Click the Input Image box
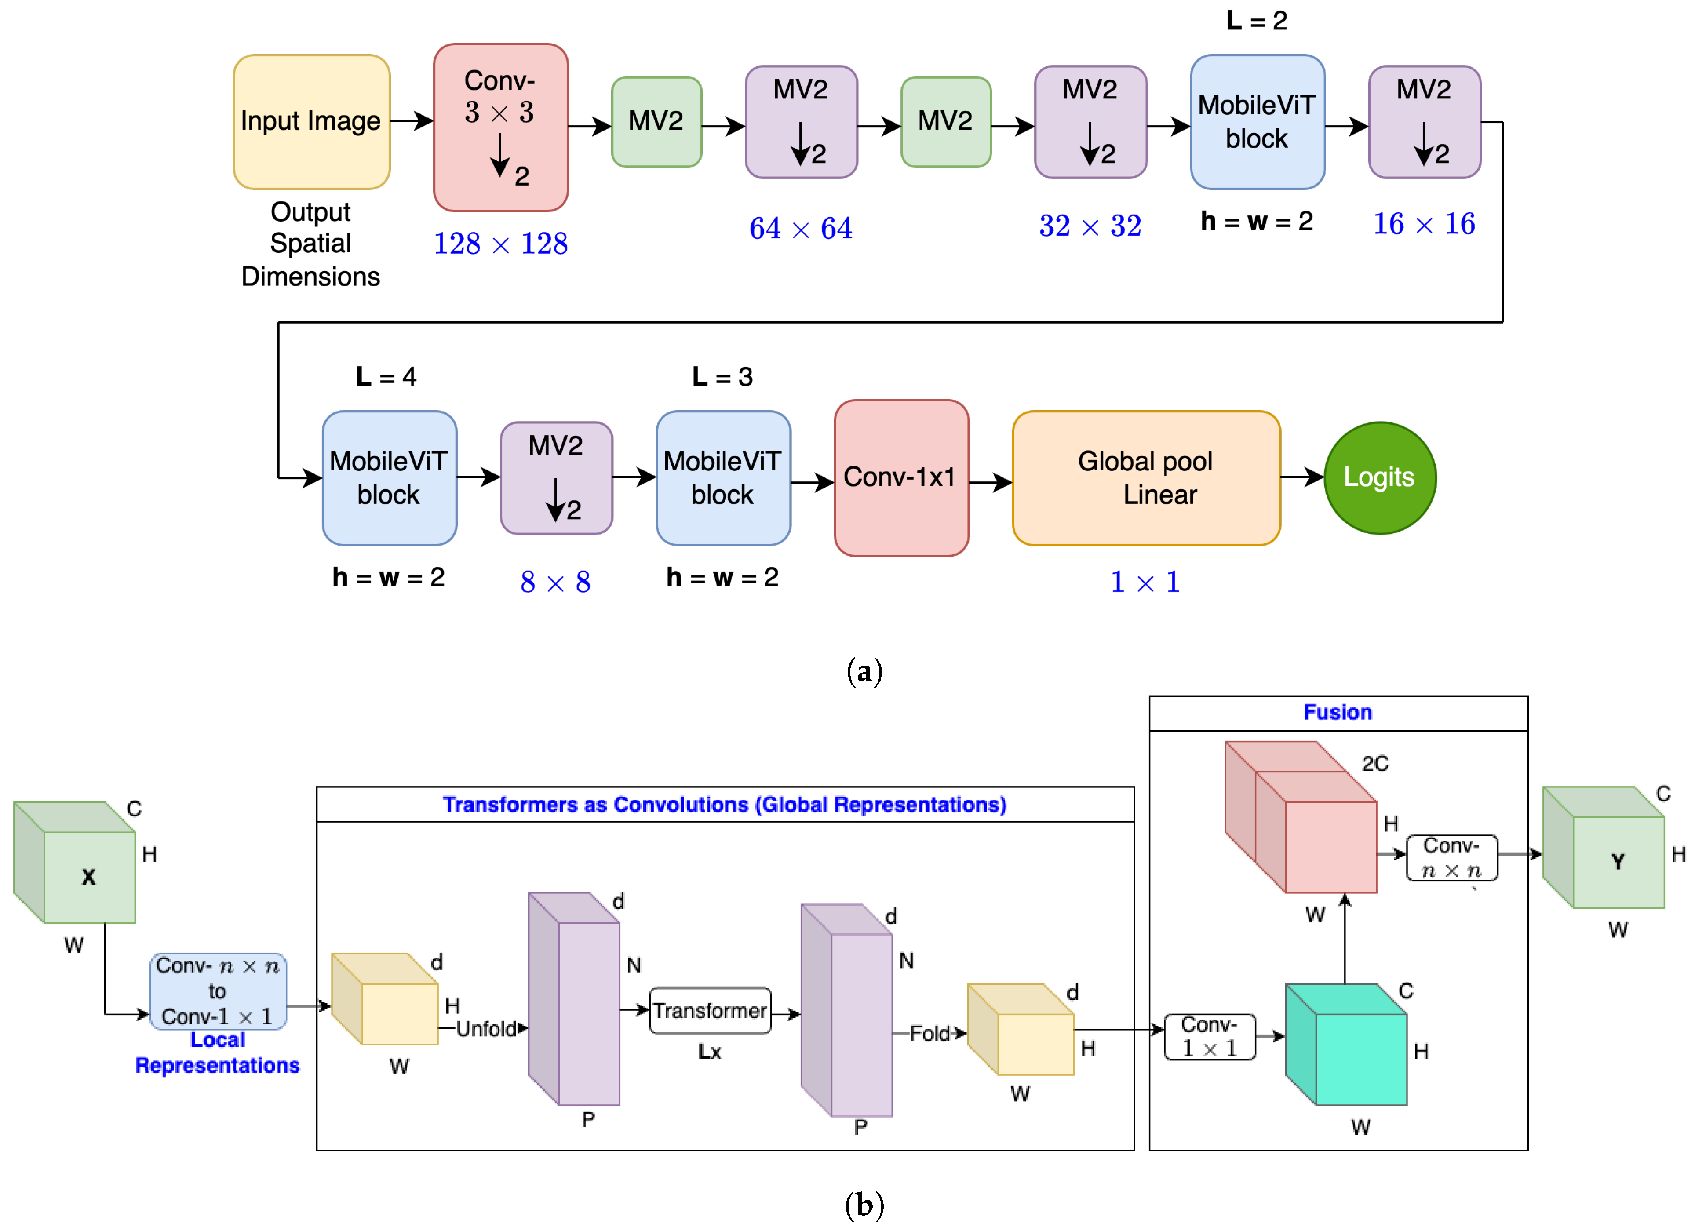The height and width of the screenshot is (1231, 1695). [x=311, y=121]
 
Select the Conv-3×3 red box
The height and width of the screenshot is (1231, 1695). [x=500, y=127]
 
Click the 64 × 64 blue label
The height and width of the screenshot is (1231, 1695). [x=800, y=228]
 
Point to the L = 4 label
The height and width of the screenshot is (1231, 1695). [x=386, y=377]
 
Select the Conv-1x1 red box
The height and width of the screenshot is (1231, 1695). [x=900, y=477]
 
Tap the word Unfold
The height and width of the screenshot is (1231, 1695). [x=486, y=1029]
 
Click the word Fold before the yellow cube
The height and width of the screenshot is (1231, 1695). [x=929, y=1034]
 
